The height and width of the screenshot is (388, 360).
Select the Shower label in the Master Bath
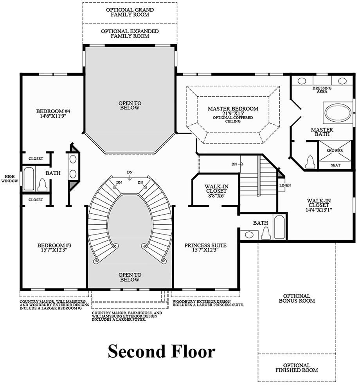click(335, 151)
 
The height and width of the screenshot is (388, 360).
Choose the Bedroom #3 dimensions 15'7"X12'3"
click(54, 251)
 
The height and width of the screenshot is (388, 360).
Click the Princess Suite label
click(205, 245)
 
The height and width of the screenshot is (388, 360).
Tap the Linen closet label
click(284, 185)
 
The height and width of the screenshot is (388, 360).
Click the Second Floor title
click(161, 351)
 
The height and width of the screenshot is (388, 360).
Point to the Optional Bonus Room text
click(297, 298)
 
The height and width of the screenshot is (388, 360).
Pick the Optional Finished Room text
click(297, 368)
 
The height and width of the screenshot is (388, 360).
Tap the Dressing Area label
click(322, 90)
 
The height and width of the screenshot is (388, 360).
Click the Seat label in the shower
click(335, 165)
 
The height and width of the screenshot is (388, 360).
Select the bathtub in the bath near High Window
click(29, 179)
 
